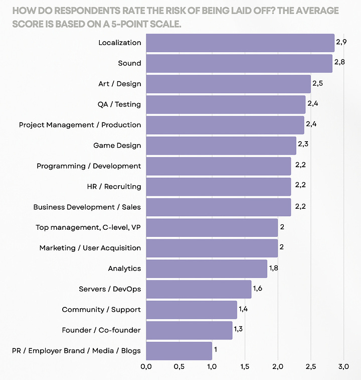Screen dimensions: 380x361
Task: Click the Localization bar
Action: pyautogui.click(x=240, y=43)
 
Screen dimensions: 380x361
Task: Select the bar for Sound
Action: pyautogui.click(x=239, y=64)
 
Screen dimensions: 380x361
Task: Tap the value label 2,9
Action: pyautogui.click(x=341, y=42)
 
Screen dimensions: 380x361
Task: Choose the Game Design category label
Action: pyautogui.click(x=117, y=146)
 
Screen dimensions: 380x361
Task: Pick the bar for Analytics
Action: pyautogui.click(x=206, y=269)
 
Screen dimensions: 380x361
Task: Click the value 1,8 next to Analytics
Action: pyautogui.click(x=274, y=268)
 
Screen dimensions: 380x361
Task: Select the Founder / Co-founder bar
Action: pyautogui.click(x=189, y=330)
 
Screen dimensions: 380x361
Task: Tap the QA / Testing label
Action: pyautogui.click(x=119, y=105)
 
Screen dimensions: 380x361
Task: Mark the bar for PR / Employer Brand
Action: pyautogui.click(x=178, y=351)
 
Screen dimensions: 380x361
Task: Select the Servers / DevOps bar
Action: pyautogui.click(x=199, y=289)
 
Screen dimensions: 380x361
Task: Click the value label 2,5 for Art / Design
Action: pyautogui.click(x=317, y=83)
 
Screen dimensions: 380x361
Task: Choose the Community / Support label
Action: pyautogui.click(x=101, y=310)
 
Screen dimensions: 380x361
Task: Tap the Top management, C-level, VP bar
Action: pyautogui.click(x=212, y=228)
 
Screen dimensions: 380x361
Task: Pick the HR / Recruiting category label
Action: pyautogui.click(x=114, y=187)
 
